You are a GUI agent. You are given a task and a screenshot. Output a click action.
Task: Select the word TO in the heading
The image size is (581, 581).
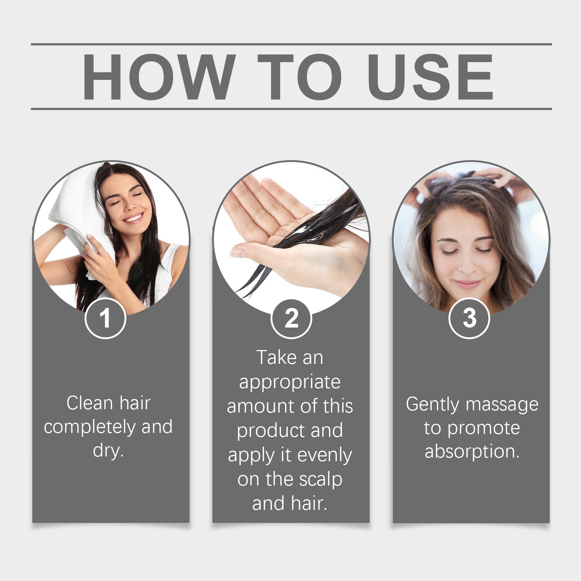pos(300,77)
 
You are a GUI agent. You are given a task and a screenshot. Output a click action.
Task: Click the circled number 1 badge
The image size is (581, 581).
pos(105,318)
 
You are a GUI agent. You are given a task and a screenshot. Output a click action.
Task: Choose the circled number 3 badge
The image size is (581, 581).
pos(469,318)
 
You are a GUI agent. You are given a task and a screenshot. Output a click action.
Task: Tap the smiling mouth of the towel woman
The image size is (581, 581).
pos(134,218)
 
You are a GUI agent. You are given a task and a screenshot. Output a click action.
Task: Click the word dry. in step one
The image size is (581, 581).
pos(108,451)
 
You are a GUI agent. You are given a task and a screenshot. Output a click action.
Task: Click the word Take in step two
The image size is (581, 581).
pos(277,358)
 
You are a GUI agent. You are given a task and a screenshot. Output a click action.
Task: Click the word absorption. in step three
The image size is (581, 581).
pos(472,452)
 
